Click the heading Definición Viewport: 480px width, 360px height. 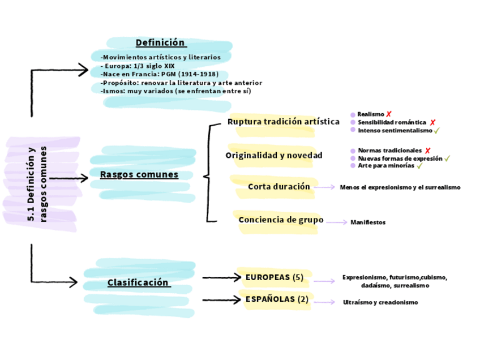point(161,42)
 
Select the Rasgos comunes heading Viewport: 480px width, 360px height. point(139,174)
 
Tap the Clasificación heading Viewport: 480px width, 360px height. point(138,282)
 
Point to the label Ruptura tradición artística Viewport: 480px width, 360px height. point(283,122)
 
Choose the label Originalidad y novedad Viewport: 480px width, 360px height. point(274,155)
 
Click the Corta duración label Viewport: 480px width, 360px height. point(279,186)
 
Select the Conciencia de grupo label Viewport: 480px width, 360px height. point(281,220)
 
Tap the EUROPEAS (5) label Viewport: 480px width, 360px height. point(275,277)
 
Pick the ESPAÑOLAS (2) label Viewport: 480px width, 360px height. point(277,299)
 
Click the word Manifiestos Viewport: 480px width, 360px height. point(368,222)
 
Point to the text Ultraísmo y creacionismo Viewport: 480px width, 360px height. point(380,302)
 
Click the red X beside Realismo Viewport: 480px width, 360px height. point(389,114)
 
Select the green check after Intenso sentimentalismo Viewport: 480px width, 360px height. point(436,131)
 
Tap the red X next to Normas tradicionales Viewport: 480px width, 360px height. point(427,151)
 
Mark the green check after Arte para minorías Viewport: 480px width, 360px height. point(419,166)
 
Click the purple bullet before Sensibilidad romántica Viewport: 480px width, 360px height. point(353,122)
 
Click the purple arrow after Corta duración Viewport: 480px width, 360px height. point(324,187)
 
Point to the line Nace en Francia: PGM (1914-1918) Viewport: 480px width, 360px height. point(160,74)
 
